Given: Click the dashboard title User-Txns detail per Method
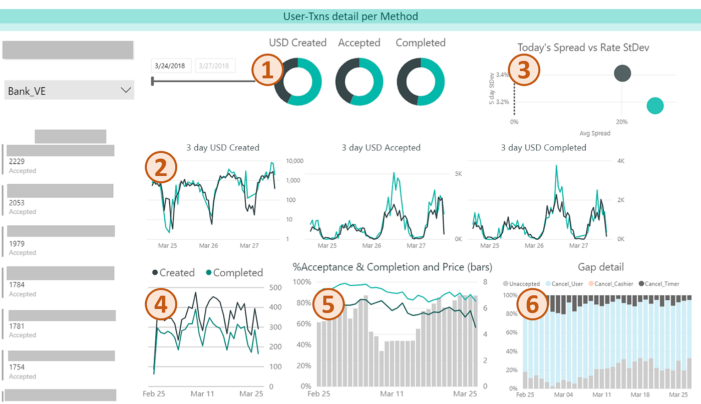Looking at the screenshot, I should pyautogui.click(x=350, y=17).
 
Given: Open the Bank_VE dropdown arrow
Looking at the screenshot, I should pyautogui.click(x=126, y=91).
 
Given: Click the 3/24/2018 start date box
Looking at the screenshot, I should pyautogui.click(x=170, y=66).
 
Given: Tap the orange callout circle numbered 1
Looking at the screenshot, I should pyautogui.click(x=268, y=70).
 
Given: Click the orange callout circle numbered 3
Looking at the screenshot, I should pyautogui.click(x=524, y=70).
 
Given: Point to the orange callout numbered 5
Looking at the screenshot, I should pyautogui.click(x=328, y=304).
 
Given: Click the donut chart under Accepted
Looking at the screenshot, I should pyautogui.click(x=359, y=81).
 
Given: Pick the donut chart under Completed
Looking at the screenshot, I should pyautogui.click(x=421, y=81).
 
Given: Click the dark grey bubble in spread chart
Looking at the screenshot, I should pyautogui.click(x=622, y=74).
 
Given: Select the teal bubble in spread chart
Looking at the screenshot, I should pyautogui.click(x=655, y=106).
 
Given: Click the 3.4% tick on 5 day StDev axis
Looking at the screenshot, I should pyautogui.click(x=502, y=75).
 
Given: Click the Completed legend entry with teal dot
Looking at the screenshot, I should pyautogui.click(x=234, y=273).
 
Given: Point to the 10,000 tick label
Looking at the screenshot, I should pyautogui.click(x=295, y=161).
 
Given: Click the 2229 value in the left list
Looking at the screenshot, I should pyautogui.click(x=17, y=162).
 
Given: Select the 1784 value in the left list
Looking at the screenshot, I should pyautogui.click(x=17, y=285).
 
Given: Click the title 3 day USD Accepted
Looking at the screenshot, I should pyautogui.click(x=381, y=148).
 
